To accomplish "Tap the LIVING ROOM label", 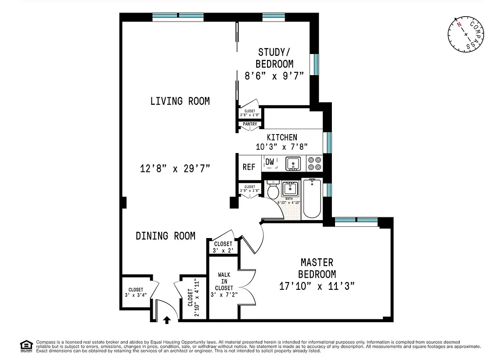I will (x=180, y=101).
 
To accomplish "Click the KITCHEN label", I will (x=282, y=137).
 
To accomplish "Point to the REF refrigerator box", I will (x=249, y=167).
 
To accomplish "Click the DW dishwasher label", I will (x=270, y=162).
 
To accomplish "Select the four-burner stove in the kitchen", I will (x=314, y=163).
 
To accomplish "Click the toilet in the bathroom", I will (x=273, y=190).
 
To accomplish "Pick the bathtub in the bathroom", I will (x=312, y=198).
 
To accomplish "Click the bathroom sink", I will (x=290, y=188).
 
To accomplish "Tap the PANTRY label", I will (x=249, y=124).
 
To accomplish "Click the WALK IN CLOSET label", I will (x=224, y=281).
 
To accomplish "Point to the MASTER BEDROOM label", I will (x=317, y=268).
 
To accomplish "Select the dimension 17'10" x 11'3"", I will (x=317, y=286).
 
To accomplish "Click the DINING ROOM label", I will (x=165, y=236).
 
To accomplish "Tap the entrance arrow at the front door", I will (x=167, y=319).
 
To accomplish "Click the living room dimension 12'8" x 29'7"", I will (x=175, y=169).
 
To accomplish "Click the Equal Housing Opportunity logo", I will (x=26, y=346).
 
